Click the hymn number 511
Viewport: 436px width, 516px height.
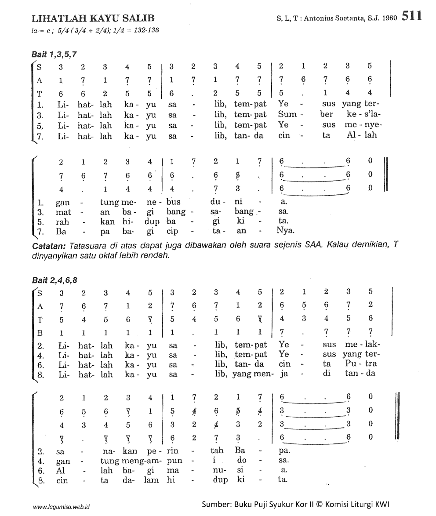click(x=412, y=16)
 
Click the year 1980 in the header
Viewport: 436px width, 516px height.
click(x=390, y=19)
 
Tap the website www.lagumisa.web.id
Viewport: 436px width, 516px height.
click(x=61, y=506)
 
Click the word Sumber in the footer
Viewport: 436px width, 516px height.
click(x=216, y=504)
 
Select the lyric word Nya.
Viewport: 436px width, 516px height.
click(x=286, y=230)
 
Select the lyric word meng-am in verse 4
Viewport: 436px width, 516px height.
click(x=134, y=461)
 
